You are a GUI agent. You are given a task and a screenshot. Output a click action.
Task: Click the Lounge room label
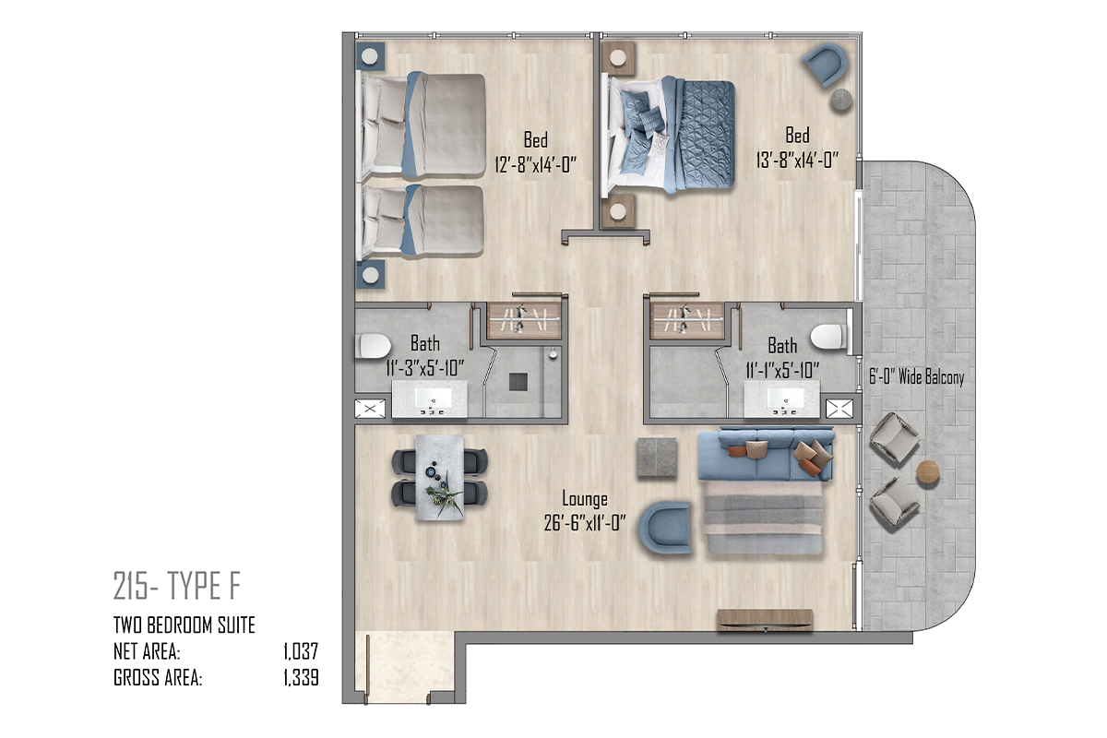585,499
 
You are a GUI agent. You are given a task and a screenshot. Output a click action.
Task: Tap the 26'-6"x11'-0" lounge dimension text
585,523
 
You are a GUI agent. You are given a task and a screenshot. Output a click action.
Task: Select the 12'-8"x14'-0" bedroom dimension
536,164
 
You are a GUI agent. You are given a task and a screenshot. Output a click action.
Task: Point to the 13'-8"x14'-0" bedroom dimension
797,160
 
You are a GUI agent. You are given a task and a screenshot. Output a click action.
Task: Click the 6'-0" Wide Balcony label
917,377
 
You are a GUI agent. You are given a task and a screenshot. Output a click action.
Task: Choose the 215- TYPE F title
177,586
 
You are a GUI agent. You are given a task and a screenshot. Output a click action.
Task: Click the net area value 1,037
301,651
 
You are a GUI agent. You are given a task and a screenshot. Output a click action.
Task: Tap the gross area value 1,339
301,677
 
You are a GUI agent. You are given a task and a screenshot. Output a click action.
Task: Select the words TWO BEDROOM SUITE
184,625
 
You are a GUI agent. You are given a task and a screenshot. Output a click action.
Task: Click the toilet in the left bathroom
373,346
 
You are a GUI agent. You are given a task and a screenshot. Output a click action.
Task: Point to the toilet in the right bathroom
828,337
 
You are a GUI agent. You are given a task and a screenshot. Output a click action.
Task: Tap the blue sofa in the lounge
766,454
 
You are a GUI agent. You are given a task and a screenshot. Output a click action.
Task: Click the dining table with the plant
439,477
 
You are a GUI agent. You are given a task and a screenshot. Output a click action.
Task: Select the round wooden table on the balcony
928,472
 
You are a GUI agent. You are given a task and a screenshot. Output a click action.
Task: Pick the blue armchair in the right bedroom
826,64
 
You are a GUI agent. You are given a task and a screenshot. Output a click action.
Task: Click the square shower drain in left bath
518,382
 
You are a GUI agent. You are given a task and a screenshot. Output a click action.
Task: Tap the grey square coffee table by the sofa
657,458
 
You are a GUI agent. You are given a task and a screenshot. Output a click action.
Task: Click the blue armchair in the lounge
665,527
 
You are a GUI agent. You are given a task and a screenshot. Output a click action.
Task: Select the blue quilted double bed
671,135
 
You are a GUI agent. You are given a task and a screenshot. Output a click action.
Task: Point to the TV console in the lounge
765,620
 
